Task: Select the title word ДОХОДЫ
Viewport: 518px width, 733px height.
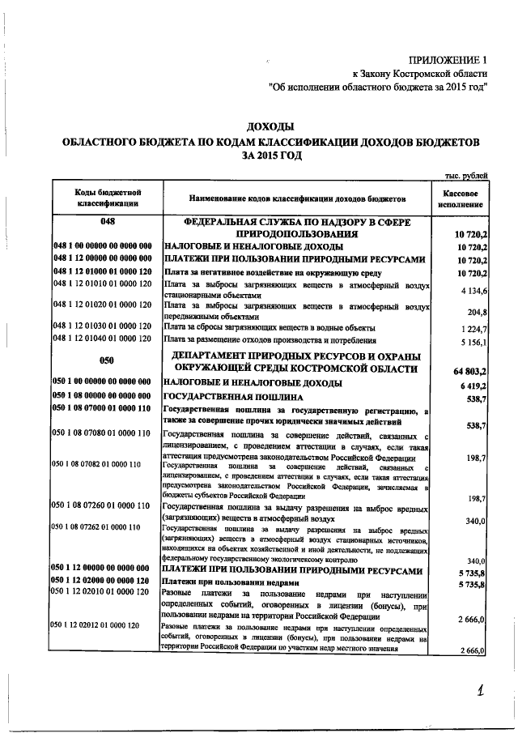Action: pyautogui.click(x=270, y=126)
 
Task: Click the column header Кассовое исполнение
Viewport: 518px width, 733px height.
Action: pyautogui.click(x=465, y=198)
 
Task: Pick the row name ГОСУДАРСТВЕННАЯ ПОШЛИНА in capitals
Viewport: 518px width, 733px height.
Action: pyautogui.click(x=233, y=398)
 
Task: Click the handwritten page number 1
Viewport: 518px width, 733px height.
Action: pyautogui.click(x=481, y=691)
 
